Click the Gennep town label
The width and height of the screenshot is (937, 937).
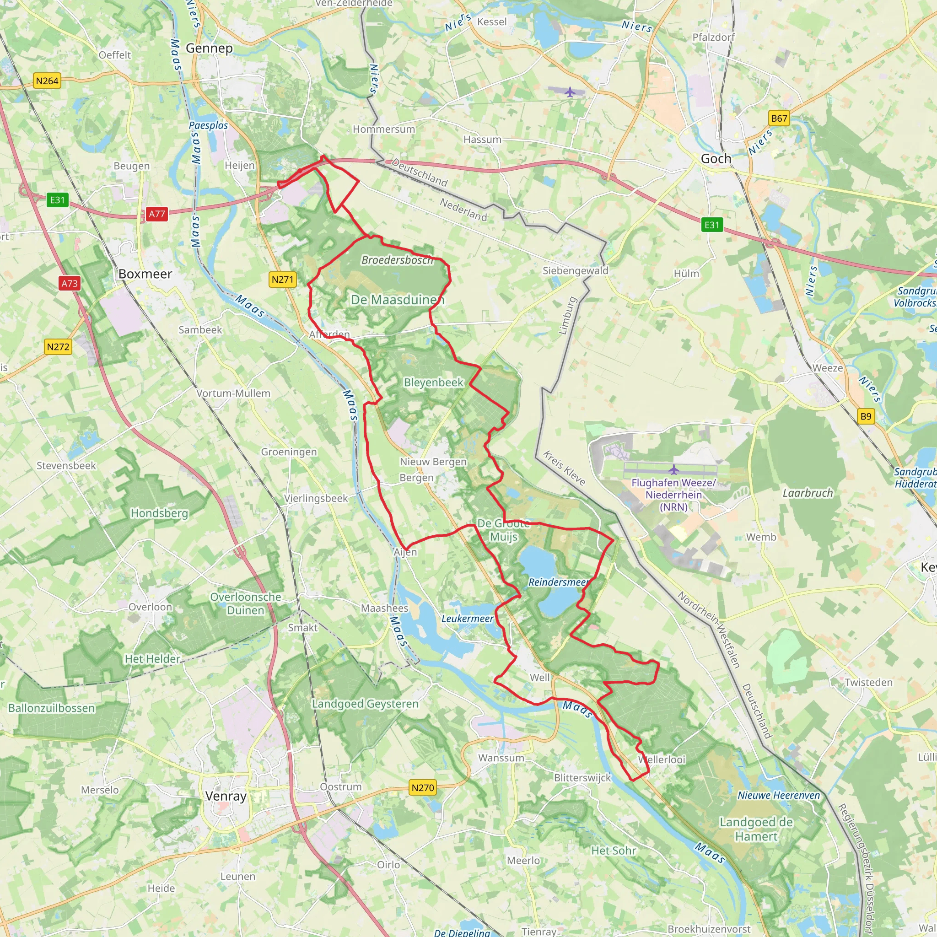209,48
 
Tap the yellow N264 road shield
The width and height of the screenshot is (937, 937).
47,81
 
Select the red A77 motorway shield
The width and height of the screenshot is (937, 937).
156,214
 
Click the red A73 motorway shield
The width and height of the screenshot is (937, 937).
70,283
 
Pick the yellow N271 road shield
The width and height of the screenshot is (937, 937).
282,280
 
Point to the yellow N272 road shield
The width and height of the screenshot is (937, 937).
58,347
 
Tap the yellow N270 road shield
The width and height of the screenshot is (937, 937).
422,788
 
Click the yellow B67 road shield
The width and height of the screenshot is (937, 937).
779,118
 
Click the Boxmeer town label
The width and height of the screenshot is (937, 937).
145,274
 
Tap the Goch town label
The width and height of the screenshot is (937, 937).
716,159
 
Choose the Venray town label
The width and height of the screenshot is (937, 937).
226,796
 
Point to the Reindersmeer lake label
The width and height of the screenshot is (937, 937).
558,582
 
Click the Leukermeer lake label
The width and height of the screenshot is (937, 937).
467,619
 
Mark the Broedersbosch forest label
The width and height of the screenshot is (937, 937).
397,260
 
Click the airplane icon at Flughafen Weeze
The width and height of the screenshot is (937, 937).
673,469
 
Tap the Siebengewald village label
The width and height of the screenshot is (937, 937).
575,271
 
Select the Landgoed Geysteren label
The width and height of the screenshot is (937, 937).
365,704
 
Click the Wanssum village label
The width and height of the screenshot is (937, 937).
501,758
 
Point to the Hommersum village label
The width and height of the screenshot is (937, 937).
383,129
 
